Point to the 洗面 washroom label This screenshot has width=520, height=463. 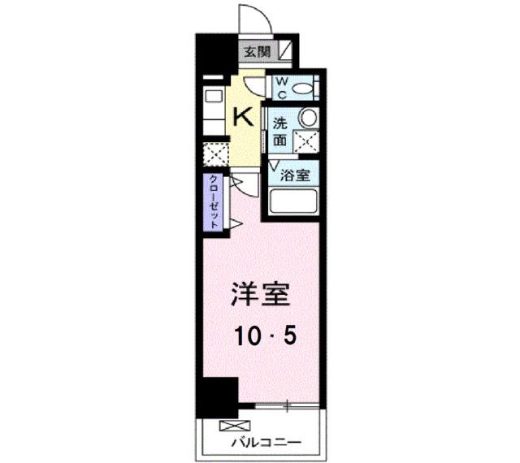[x=279, y=132]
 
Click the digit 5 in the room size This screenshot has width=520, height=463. [x=288, y=335]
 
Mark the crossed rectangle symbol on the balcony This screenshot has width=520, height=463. [x=230, y=426]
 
